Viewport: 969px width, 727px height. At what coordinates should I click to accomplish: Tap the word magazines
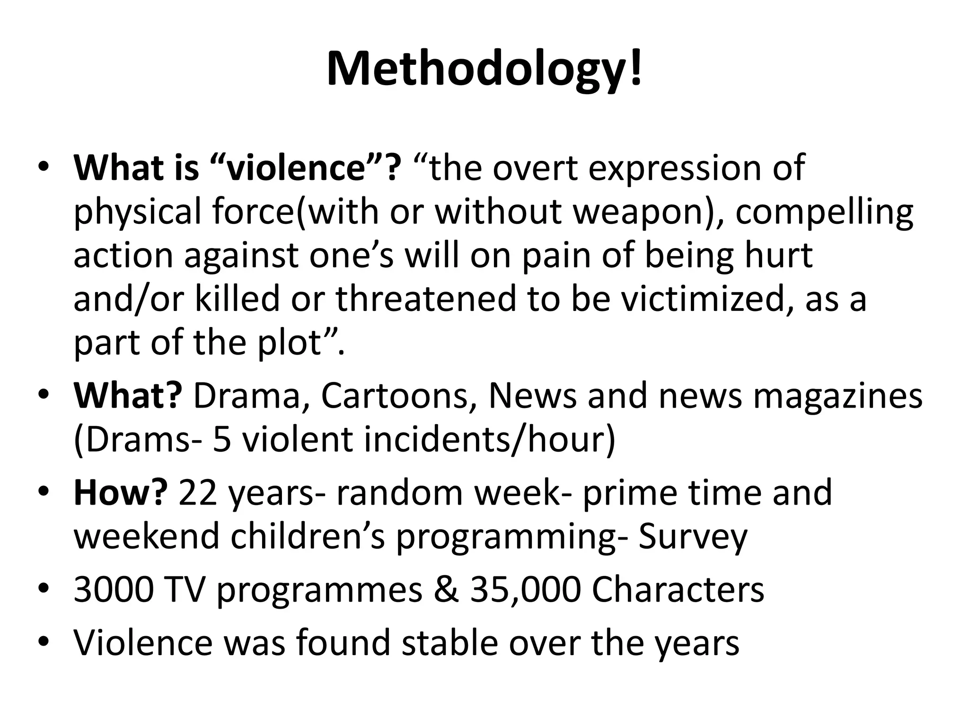pyautogui.click(x=837, y=395)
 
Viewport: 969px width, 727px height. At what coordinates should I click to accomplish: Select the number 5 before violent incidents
pyautogui.click(x=222, y=439)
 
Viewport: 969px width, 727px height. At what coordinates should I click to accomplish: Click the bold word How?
pyautogui.click(x=121, y=492)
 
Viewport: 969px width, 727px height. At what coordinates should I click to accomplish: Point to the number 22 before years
pyautogui.click(x=198, y=492)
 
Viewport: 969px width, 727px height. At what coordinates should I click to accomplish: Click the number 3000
pyautogui.click(x=114, y=590)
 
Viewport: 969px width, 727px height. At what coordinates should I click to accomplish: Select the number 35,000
pyautogui.click(x=525, y=590)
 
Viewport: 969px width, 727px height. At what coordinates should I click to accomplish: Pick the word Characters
pyautogui.click(x=678, y=590)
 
